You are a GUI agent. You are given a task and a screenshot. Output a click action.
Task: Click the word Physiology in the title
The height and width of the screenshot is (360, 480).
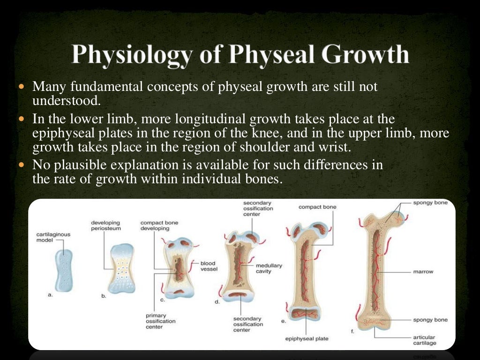pyautogui.click(x=131, y=55)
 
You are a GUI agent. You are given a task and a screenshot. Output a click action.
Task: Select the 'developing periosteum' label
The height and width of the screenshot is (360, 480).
pyautogui.click(x=105, y=225)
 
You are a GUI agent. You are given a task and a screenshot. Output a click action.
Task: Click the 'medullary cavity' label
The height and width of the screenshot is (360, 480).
pyautogui.click(x=269, y=269)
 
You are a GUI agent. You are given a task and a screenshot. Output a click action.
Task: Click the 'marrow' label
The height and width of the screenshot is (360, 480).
pyautogui.click(x=423, y=271)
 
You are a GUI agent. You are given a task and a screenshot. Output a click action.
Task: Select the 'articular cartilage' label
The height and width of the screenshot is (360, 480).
pyautogui.click(x=424, y=340)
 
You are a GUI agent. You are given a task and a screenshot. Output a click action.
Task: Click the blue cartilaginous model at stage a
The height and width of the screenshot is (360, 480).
pyautogui.click(x=64, y=270)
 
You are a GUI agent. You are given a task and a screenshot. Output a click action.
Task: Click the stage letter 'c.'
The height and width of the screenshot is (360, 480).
pyautogui.click(x=162, y=299)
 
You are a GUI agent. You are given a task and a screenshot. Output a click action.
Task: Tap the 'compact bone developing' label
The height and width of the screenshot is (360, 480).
pyautogui.click(x=159, y=225)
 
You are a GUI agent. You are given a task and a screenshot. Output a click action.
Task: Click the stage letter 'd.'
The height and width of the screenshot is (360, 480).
pyautogui.click(x=217, y=302)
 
